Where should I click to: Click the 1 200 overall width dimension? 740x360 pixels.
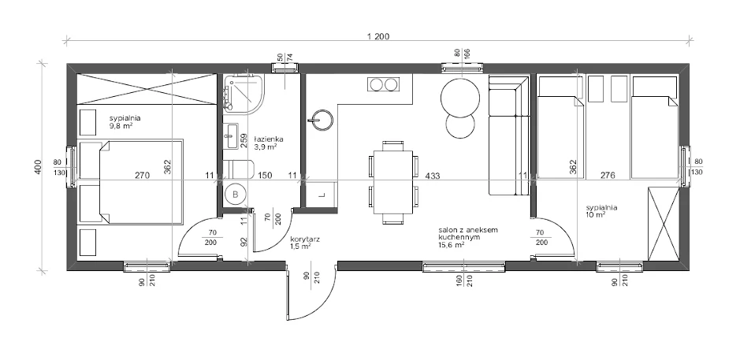377,36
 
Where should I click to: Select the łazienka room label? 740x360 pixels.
268,139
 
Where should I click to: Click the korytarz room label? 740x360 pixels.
305,239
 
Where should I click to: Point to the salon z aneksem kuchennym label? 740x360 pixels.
462,233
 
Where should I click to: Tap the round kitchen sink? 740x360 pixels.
322,120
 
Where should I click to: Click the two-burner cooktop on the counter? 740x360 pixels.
383,84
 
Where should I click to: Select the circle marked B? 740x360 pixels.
235,194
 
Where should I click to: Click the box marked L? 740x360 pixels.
322,194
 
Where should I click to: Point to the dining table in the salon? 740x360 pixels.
392,182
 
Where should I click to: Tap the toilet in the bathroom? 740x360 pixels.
238,169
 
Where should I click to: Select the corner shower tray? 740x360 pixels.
244,94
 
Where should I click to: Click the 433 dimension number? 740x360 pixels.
433,176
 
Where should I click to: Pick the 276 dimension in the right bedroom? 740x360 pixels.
608,176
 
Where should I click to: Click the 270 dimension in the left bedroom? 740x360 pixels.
142,176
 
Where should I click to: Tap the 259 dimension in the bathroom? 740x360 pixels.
244,140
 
